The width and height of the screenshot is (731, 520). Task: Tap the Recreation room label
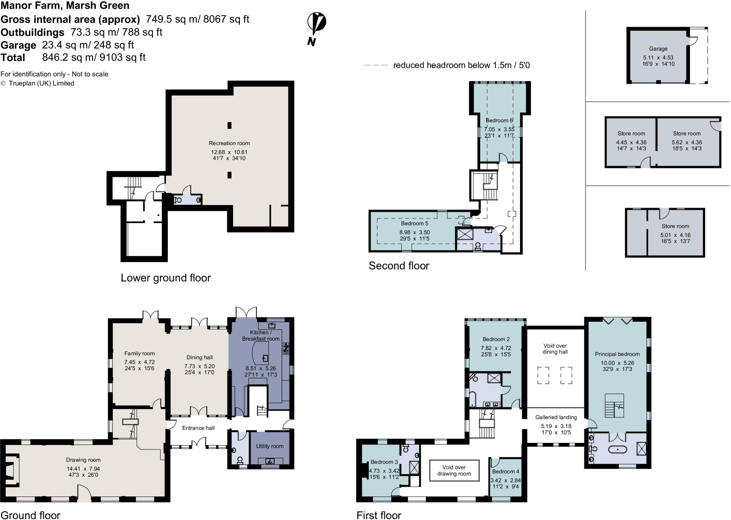click(x=229, y=143)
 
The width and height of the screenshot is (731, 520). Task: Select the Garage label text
click(x=658, y=49)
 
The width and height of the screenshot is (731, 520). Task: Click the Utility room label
click(x=269, y=446)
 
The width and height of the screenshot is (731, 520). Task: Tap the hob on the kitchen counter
click(x=286, y=348)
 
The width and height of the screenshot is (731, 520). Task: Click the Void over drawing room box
click(x=454, y=470)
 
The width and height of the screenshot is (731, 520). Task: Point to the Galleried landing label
click(x=556, y=417)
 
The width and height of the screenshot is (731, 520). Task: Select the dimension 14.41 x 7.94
click(x=83, y=469)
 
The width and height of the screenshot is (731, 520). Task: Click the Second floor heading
click(x=399, y=266)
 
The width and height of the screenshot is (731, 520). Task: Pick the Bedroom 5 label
click(x=414, y=224)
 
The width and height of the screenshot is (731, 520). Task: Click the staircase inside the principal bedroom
click(x=614, y=406)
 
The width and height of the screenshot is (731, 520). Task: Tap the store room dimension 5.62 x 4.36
click(x=687, y=142)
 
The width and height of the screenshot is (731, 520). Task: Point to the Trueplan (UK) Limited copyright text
click(x=41, y=83)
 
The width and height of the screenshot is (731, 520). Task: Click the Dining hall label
click(x=200, y=357)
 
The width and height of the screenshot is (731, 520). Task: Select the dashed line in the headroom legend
click(x=375, y=65)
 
